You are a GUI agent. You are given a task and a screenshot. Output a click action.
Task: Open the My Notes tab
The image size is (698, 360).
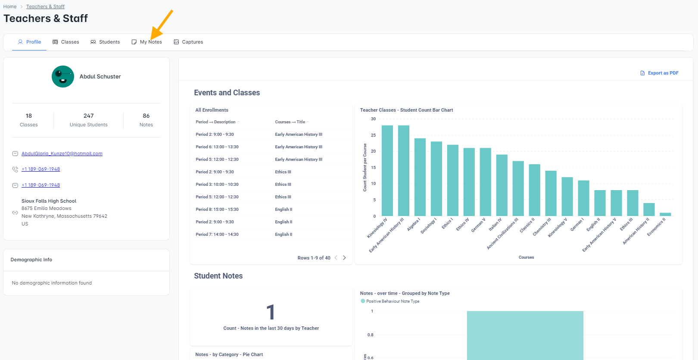[x=147, y=42]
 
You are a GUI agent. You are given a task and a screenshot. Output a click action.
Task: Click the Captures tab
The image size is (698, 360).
[x=188, y=42]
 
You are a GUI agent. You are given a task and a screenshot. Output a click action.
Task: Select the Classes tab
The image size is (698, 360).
[x=66, y=42]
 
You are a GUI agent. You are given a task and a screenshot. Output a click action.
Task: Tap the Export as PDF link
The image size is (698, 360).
[x=659, y=73]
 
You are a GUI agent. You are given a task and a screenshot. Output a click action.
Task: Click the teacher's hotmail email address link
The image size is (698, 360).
[x=62, y=153]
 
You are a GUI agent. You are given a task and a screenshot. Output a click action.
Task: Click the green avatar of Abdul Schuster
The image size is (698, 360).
[x=63, y=77]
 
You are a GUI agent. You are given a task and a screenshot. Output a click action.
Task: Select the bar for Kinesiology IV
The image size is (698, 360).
[x=387, y=170]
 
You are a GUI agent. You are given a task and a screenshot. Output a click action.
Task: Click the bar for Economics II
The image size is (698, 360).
[x=665, y=214]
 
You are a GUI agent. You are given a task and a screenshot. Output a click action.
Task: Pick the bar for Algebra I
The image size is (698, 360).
[x=420, y=177]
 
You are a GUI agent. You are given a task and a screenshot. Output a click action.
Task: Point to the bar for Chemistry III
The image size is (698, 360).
[x=551, y=193]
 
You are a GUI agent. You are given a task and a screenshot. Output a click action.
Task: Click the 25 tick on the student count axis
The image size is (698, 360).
[x=373, y=135]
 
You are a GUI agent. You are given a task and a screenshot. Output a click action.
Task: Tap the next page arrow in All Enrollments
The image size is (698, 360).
[x=344, y=258]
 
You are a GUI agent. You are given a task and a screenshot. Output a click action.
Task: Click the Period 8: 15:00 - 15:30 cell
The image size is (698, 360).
[x=217, y=210]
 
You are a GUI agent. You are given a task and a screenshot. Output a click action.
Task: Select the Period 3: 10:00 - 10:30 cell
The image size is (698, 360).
[x=217, y=185]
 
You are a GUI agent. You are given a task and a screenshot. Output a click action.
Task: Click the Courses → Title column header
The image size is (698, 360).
[x=290, y=122]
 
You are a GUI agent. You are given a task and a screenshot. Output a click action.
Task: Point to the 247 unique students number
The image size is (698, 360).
[x=88, y=116]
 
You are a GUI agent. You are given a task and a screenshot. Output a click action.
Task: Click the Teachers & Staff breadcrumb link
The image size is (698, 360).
[x=46, y=6]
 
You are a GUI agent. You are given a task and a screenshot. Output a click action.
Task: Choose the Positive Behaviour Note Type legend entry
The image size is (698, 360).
[x=390, y=301]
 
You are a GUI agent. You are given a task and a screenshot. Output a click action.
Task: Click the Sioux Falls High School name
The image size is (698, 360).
[x=49, y=201]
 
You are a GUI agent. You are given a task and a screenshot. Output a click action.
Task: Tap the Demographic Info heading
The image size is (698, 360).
[x=31, y=260]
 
